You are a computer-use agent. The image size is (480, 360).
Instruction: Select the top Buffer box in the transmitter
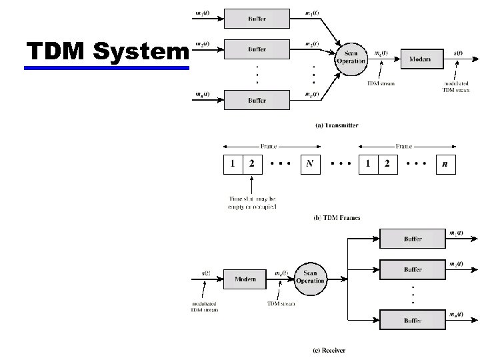[257, 19]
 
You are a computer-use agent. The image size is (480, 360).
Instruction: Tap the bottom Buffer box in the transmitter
[257, 100]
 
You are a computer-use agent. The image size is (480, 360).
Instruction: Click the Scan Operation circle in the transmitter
[351, 57]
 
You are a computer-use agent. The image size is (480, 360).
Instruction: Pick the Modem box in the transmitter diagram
[419, 59]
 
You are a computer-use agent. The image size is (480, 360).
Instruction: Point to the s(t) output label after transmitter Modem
[459, 52]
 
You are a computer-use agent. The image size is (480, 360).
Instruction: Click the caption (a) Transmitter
[337, 125]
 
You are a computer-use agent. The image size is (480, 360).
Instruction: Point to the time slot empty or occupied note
[253, 203]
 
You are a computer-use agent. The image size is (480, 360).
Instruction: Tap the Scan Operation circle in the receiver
[309, 277]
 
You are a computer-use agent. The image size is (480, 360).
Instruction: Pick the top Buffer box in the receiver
[412, 238]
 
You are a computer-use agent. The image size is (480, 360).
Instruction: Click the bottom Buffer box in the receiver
[412, 320]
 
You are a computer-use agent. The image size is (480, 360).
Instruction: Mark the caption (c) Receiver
[329, 350]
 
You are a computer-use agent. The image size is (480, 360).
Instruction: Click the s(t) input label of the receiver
[207, 273]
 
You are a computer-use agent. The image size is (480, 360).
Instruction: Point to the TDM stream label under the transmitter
[381, 83]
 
